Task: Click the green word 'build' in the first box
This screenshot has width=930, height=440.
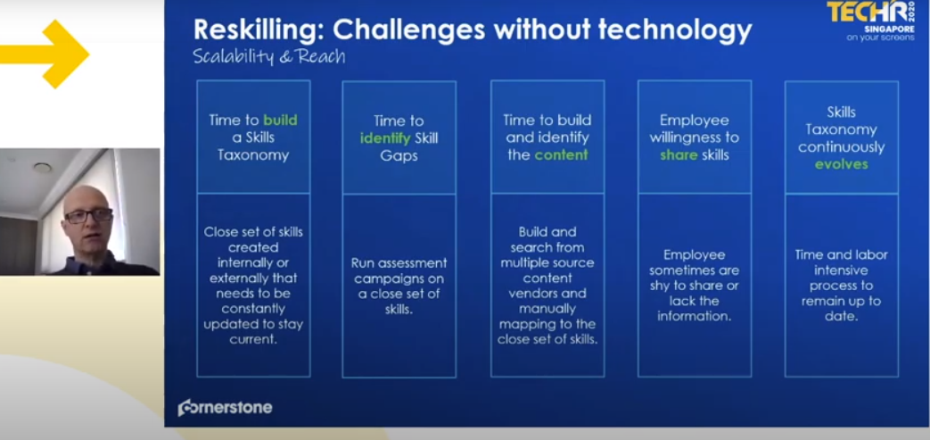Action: click(x=280, y=120)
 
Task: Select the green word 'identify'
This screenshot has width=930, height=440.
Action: click(x=385, y=138)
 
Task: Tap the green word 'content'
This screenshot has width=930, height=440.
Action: click(x=561, y=155)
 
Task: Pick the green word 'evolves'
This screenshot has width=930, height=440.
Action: click(x=841, y=164)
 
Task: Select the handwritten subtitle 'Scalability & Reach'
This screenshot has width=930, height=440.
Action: click(x=268, y=56)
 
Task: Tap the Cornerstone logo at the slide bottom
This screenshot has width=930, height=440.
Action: click(x=226, y=407)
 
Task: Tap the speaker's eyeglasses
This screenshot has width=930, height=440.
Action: click(x=88, y=216)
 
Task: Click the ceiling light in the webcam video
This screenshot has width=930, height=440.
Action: click(x=43, y=168)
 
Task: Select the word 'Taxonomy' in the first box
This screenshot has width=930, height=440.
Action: click(x=253, y=155)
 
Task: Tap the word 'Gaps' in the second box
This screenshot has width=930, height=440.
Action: click(x=399, y=155)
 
